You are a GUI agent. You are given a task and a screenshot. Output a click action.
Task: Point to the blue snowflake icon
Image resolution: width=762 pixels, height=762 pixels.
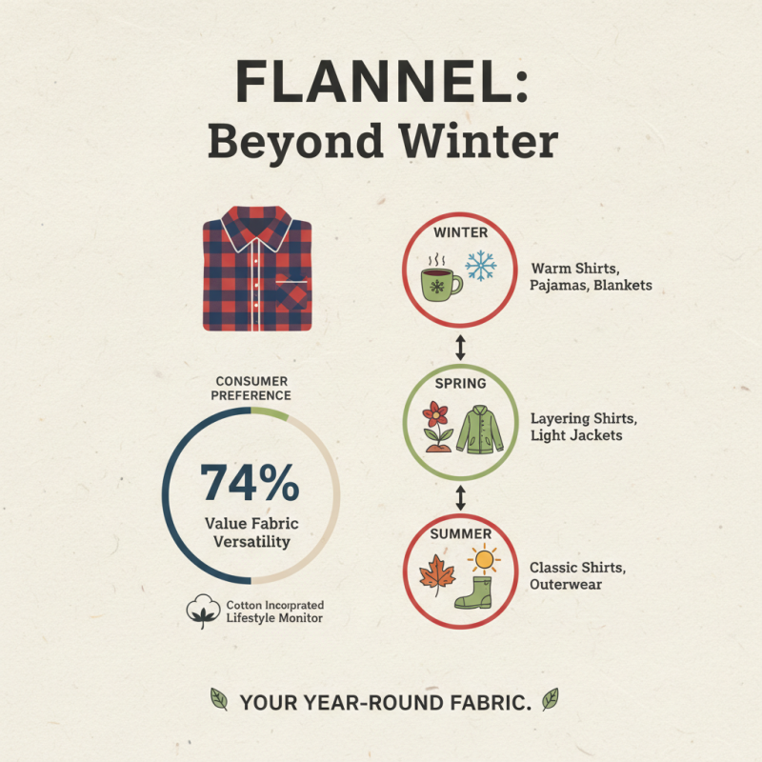tap(481, 266)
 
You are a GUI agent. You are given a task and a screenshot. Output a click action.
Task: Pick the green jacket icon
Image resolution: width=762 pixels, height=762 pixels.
tap(480, 428)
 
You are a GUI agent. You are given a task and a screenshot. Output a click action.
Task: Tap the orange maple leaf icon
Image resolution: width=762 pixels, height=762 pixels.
tap(437, 574)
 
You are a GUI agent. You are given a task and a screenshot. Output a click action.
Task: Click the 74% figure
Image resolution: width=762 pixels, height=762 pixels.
tap(251, 484)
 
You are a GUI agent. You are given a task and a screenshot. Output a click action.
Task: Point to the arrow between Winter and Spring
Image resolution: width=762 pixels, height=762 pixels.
tap(461, 344)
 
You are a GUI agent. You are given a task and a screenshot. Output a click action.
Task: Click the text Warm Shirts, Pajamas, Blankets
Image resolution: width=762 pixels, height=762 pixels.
tap(591, 276)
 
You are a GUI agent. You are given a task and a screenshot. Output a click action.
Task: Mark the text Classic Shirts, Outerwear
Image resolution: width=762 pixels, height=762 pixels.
tap(578, 575)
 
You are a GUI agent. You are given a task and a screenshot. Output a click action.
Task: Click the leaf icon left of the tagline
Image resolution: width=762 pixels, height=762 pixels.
tap(218, 702)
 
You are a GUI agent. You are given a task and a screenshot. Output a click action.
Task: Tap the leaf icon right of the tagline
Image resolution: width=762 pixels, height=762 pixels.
tap(550, 701)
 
